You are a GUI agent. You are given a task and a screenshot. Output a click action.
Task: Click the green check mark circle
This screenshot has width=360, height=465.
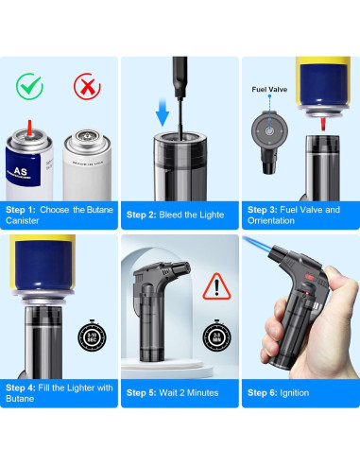pyautogui.click(x=30, y=86)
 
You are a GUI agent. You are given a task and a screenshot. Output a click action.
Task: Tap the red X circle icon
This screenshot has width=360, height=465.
pyautogui.click(x=87, y=86)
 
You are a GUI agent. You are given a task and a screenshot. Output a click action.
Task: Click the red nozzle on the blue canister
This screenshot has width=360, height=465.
pyautogui.click(x=31, y=126)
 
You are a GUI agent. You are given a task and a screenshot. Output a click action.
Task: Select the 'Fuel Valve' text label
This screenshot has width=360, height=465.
pyautogui.click(x=268, y=90)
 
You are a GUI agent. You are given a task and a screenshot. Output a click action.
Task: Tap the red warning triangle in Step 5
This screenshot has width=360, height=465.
pyautogui.click(x=220, y=283)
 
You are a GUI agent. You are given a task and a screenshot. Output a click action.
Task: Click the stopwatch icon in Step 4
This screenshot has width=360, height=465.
pyautogui.click(x=90, y=336)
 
